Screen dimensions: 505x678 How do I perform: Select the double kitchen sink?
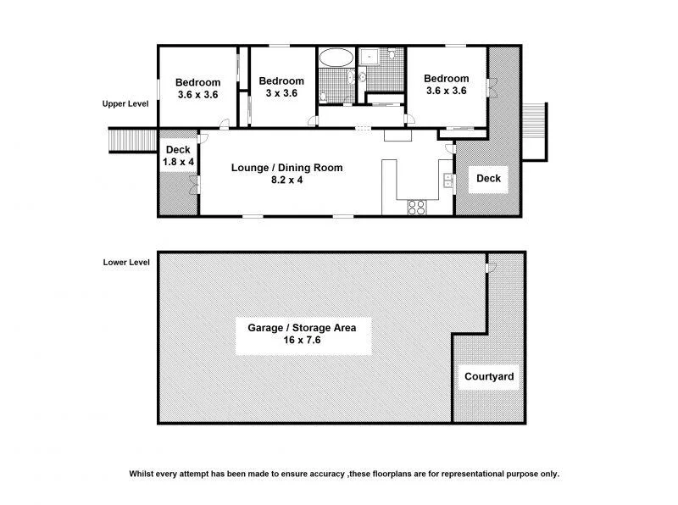point(447,180)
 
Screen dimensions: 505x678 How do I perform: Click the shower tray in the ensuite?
point(370,57)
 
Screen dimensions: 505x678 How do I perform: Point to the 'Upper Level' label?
point(125,103)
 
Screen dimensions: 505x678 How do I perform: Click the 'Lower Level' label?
point(125,262)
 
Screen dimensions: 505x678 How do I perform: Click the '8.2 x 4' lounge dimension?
point(287,180)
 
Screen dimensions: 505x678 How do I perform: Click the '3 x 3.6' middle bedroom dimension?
point(281,94)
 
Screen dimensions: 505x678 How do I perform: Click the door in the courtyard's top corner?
point(491,268)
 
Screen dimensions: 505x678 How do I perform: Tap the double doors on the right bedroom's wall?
point(489,88)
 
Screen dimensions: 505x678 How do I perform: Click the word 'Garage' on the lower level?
point(265,327)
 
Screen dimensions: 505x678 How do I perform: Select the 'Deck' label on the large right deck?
point(488,179)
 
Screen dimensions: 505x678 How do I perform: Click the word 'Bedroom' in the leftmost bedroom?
point(197,82)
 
